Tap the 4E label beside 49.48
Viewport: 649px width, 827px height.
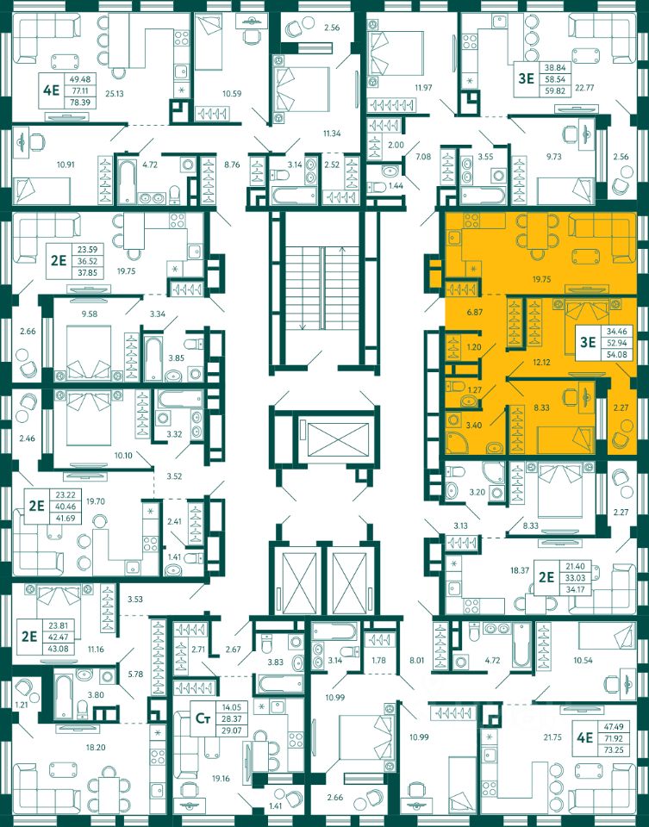(51, 90)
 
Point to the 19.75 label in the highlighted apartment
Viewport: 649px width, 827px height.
(541, 279)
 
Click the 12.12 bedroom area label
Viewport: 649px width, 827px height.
(541, 363)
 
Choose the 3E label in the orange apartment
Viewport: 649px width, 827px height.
(587, 342)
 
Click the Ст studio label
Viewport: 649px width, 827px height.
(203, 718)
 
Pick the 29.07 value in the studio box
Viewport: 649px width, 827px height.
(231, 731)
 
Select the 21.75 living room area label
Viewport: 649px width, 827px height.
(552, 738)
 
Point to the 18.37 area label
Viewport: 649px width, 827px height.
(520, 570)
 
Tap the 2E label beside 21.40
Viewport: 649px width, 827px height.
(546, 577)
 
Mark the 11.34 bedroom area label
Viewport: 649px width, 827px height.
(332, 134)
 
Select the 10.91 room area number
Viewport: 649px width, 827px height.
(66, 165)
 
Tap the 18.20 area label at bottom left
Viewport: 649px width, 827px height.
(96, 748)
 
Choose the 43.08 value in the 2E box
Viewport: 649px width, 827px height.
(58, 649)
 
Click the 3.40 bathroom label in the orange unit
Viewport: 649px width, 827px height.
(475, 425)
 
